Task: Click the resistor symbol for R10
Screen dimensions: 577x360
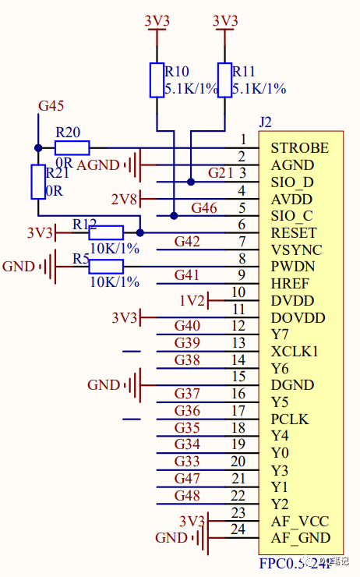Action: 157,80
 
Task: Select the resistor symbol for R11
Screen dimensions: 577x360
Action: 225,80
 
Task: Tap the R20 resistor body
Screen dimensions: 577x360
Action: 72,147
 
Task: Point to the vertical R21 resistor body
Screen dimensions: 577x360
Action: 37,182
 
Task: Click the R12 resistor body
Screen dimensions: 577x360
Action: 106,232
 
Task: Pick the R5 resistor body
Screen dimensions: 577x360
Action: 106,267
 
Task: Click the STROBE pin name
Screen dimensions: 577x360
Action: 299,148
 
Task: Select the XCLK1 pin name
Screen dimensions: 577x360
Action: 294,352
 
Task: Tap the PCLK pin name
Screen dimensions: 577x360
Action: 289,419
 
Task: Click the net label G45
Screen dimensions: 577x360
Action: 51,105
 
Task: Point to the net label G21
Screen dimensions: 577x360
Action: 220,172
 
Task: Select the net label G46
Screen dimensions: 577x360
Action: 204,207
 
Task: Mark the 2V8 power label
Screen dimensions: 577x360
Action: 125,198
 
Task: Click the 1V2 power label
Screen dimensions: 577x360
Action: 192,301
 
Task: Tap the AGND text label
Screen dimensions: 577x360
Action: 97,165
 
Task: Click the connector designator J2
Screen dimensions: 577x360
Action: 266,122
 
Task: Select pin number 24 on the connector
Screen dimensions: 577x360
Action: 238,529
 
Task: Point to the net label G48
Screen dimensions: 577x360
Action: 187,495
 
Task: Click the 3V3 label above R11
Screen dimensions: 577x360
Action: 225,20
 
